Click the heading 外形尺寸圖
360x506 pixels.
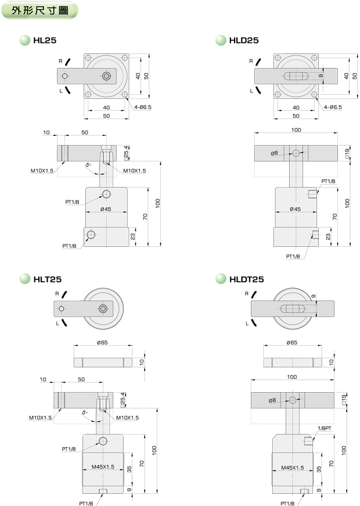click(40, 10)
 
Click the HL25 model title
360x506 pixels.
click(45, 40)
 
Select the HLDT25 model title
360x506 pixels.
click(246, 279)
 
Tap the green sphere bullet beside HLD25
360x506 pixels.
click(221, 40)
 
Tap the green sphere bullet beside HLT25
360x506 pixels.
click(25, 279)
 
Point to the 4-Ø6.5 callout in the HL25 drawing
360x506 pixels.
click(143, 107)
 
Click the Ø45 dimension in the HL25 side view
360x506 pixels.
click(106, 209)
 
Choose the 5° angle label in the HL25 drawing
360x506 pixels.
click(88, 165)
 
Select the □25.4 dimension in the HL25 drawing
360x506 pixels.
click(126, 153)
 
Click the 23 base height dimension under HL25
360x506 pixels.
click(132, 236)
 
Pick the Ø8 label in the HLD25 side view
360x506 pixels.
click(274, 153)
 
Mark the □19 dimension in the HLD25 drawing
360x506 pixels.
click(347, 153)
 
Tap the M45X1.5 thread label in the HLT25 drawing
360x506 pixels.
click(103, 466)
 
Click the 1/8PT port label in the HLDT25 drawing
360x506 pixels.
click(325, 428)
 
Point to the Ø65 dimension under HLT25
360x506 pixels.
click(102, 342)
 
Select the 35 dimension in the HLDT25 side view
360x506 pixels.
click(319, 469)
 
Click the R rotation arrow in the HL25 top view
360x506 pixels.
click(68, 62)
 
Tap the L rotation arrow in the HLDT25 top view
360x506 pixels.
click(254, 322)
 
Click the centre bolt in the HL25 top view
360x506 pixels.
click(106, 76)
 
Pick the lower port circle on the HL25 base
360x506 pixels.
click(91, 234)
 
